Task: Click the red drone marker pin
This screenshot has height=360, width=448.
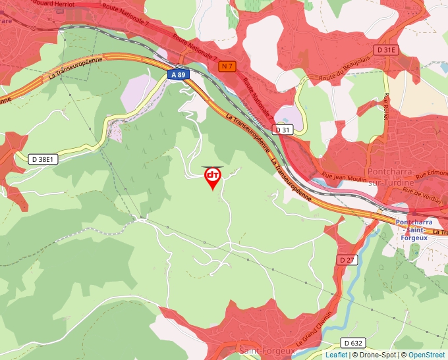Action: point(213,177)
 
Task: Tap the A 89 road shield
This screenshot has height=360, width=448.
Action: point(179,75)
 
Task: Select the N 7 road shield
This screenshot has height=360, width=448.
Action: point(227,66)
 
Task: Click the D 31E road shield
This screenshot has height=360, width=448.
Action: point(387,50)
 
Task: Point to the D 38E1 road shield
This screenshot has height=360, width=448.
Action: point(44,159)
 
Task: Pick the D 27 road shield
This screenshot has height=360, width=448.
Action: point(347,260)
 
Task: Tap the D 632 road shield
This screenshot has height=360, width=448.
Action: point(354,343)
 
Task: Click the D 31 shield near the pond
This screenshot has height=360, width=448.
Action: point(283,130)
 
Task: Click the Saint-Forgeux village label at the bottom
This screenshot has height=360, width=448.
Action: point(267,351)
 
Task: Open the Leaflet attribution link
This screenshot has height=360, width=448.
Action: point(336,355)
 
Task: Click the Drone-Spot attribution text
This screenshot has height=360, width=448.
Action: point(375,355)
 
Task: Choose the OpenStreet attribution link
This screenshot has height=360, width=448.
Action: point(426,355)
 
